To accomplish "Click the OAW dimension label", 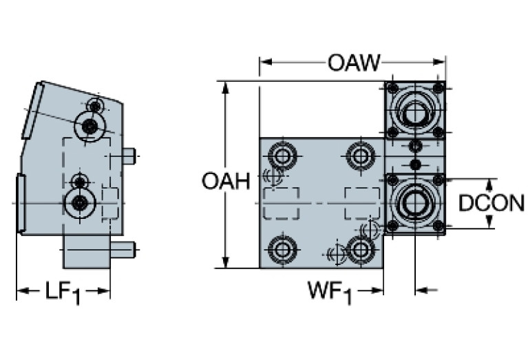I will [353, 63].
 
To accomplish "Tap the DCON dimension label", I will [492, 203].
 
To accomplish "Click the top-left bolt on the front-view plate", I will [281, 155].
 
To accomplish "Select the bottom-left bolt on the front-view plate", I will [281, 249].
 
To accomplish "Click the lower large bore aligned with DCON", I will [414, 203].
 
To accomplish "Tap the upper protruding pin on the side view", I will [129, 156].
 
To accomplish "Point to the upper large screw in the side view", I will [89, 126].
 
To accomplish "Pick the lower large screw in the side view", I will [81, 202].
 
